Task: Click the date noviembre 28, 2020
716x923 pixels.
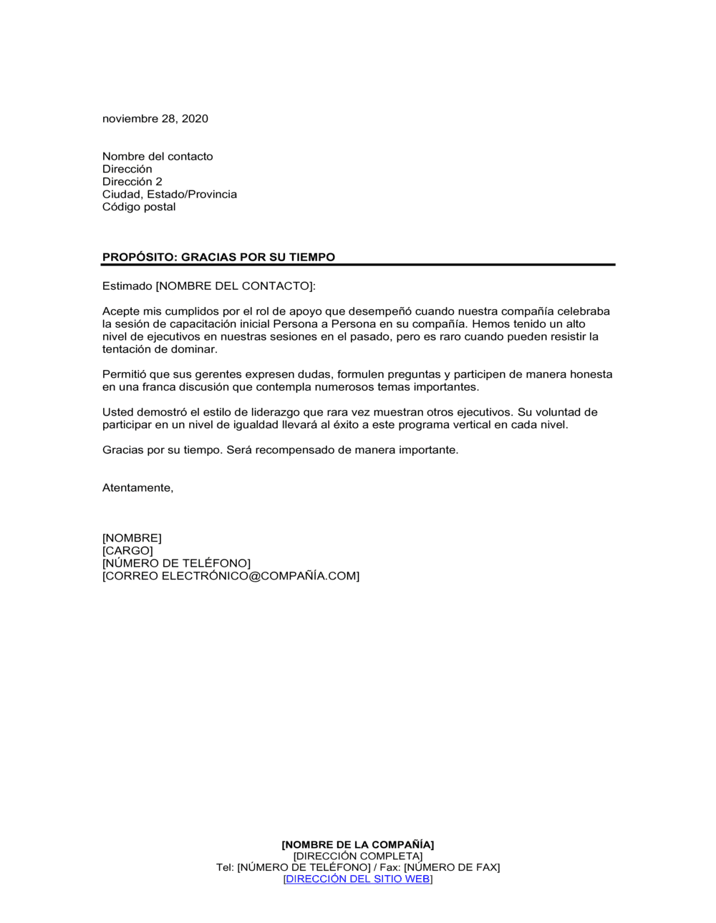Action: tap(155, 119)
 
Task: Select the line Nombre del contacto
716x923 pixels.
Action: tap(158, 157)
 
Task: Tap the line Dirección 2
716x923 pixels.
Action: tap(132, 182)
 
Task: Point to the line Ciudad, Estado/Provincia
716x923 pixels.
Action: tap(170, 195)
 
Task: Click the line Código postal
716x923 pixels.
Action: tap(139, 207)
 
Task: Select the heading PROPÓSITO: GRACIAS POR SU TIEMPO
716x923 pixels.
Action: tap(218, 257)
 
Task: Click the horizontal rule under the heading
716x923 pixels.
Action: tap(358, 265)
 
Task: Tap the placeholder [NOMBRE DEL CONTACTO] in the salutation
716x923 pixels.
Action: tap(234, 286)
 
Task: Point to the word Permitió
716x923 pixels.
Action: tap(125, 374)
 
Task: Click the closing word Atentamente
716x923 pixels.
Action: tap(137, 488)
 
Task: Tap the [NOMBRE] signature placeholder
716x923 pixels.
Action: tap(132, 538)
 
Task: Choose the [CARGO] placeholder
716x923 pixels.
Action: tap(127, 551)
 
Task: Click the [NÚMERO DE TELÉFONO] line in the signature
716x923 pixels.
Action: tap(176, 563)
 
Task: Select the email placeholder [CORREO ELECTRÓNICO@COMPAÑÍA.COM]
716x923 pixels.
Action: tap(231, 576)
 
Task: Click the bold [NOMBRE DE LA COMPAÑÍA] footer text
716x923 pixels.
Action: tap(358, 845)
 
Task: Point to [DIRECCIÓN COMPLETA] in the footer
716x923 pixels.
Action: tap(358, 856)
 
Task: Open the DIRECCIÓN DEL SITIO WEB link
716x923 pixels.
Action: tap(358, 879)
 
